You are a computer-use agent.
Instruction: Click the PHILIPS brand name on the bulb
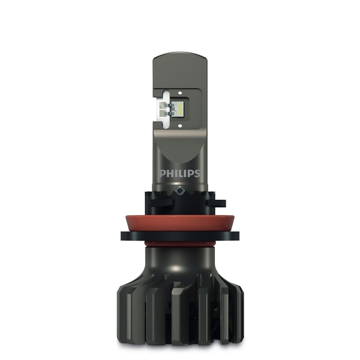point(180,173)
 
